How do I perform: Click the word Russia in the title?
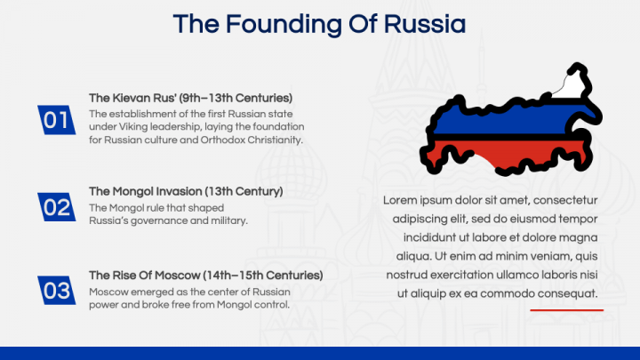pyautogui.click(x=423, y=24)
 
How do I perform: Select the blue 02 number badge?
pyautogui.click(x=56, y=207)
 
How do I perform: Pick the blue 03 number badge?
pyautogui.click(x=56, y=291)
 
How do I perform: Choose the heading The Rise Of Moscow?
pyautogui.click(x=148, y=275)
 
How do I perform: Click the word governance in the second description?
pyautogui.click(x=153, y=220)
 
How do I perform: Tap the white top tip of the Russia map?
pyautogui.click(x=569, y=84)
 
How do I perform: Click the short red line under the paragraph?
pyautogui.click(x=566, y=310)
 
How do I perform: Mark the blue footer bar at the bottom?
pyautogui.click(x=320, y=353)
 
